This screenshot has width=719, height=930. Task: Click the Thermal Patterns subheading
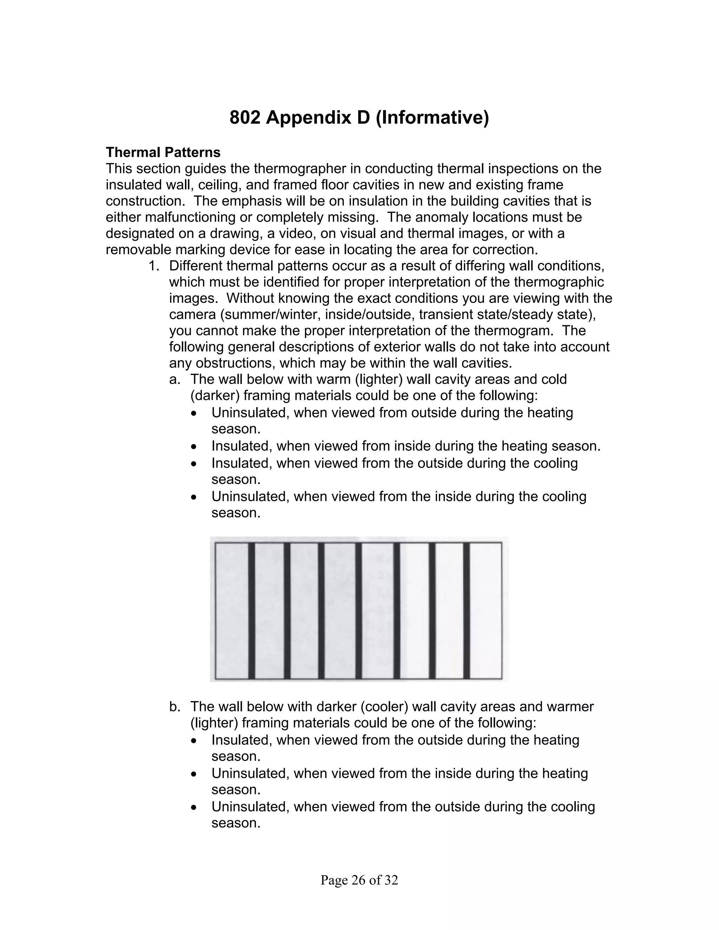(163, 152)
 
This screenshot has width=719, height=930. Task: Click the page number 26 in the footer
(359, 880)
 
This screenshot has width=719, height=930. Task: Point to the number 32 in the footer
(391, 880)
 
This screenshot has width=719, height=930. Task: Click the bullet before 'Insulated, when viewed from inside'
(194, 447)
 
